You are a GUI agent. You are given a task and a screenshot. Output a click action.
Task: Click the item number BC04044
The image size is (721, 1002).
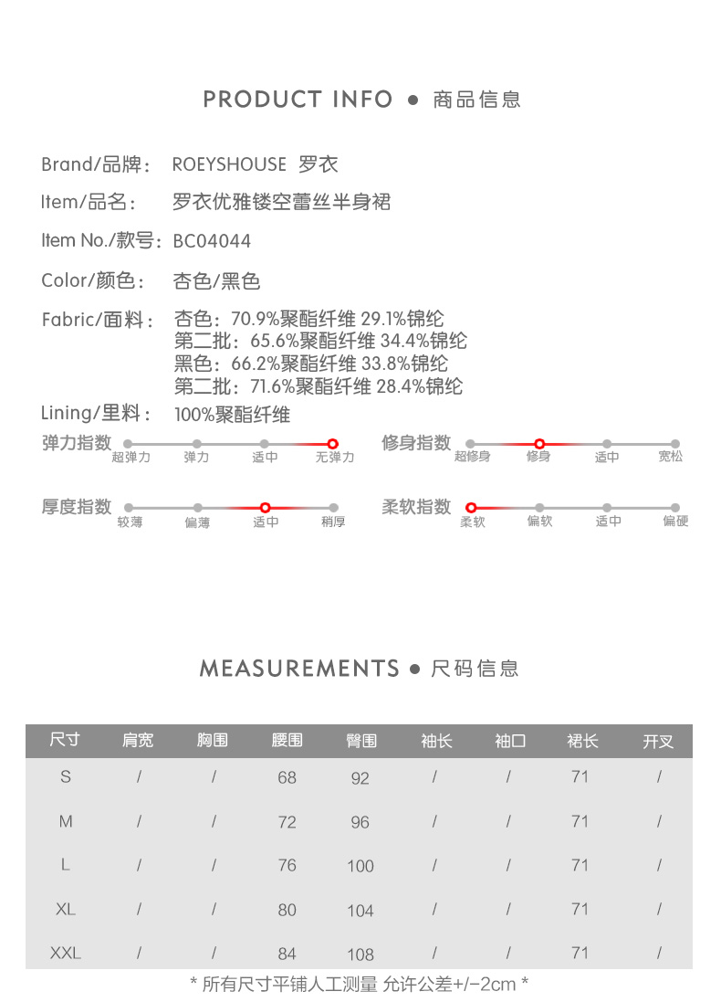212,241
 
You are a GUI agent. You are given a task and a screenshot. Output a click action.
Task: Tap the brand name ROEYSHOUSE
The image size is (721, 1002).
229,164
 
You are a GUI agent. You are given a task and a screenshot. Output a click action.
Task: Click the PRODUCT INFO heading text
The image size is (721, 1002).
298,100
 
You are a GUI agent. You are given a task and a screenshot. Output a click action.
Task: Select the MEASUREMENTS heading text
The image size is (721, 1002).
299,669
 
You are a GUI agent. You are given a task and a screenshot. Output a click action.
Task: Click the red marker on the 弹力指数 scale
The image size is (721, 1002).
333,444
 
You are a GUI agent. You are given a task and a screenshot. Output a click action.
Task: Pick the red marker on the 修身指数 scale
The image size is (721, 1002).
539,444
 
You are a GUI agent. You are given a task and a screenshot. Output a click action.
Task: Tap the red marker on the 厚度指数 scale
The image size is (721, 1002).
266,507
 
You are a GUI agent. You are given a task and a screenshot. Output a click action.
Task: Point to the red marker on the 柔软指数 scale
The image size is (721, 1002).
472,507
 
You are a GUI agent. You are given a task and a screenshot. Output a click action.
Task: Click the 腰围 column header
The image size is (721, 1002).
287,741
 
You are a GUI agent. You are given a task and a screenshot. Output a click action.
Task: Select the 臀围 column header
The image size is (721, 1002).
361,741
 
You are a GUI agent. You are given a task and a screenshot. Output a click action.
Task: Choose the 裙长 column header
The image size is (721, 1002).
582,741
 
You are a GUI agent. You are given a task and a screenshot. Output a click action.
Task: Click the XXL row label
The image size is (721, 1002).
66,954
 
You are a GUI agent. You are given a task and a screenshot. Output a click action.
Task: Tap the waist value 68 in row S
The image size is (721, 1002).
287,778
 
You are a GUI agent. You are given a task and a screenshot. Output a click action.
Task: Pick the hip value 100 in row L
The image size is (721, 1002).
360,866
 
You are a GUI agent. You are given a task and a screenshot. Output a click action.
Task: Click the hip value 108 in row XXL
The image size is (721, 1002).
360,955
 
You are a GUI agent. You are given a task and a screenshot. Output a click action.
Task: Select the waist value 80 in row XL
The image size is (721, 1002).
287,910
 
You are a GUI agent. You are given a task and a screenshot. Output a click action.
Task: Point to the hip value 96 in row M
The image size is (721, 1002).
360,822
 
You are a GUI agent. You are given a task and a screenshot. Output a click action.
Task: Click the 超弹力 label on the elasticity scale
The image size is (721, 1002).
131,457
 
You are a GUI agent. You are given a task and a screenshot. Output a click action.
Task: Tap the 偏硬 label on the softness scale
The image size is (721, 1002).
676,522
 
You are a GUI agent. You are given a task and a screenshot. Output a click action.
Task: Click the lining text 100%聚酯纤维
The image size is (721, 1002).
232,415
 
